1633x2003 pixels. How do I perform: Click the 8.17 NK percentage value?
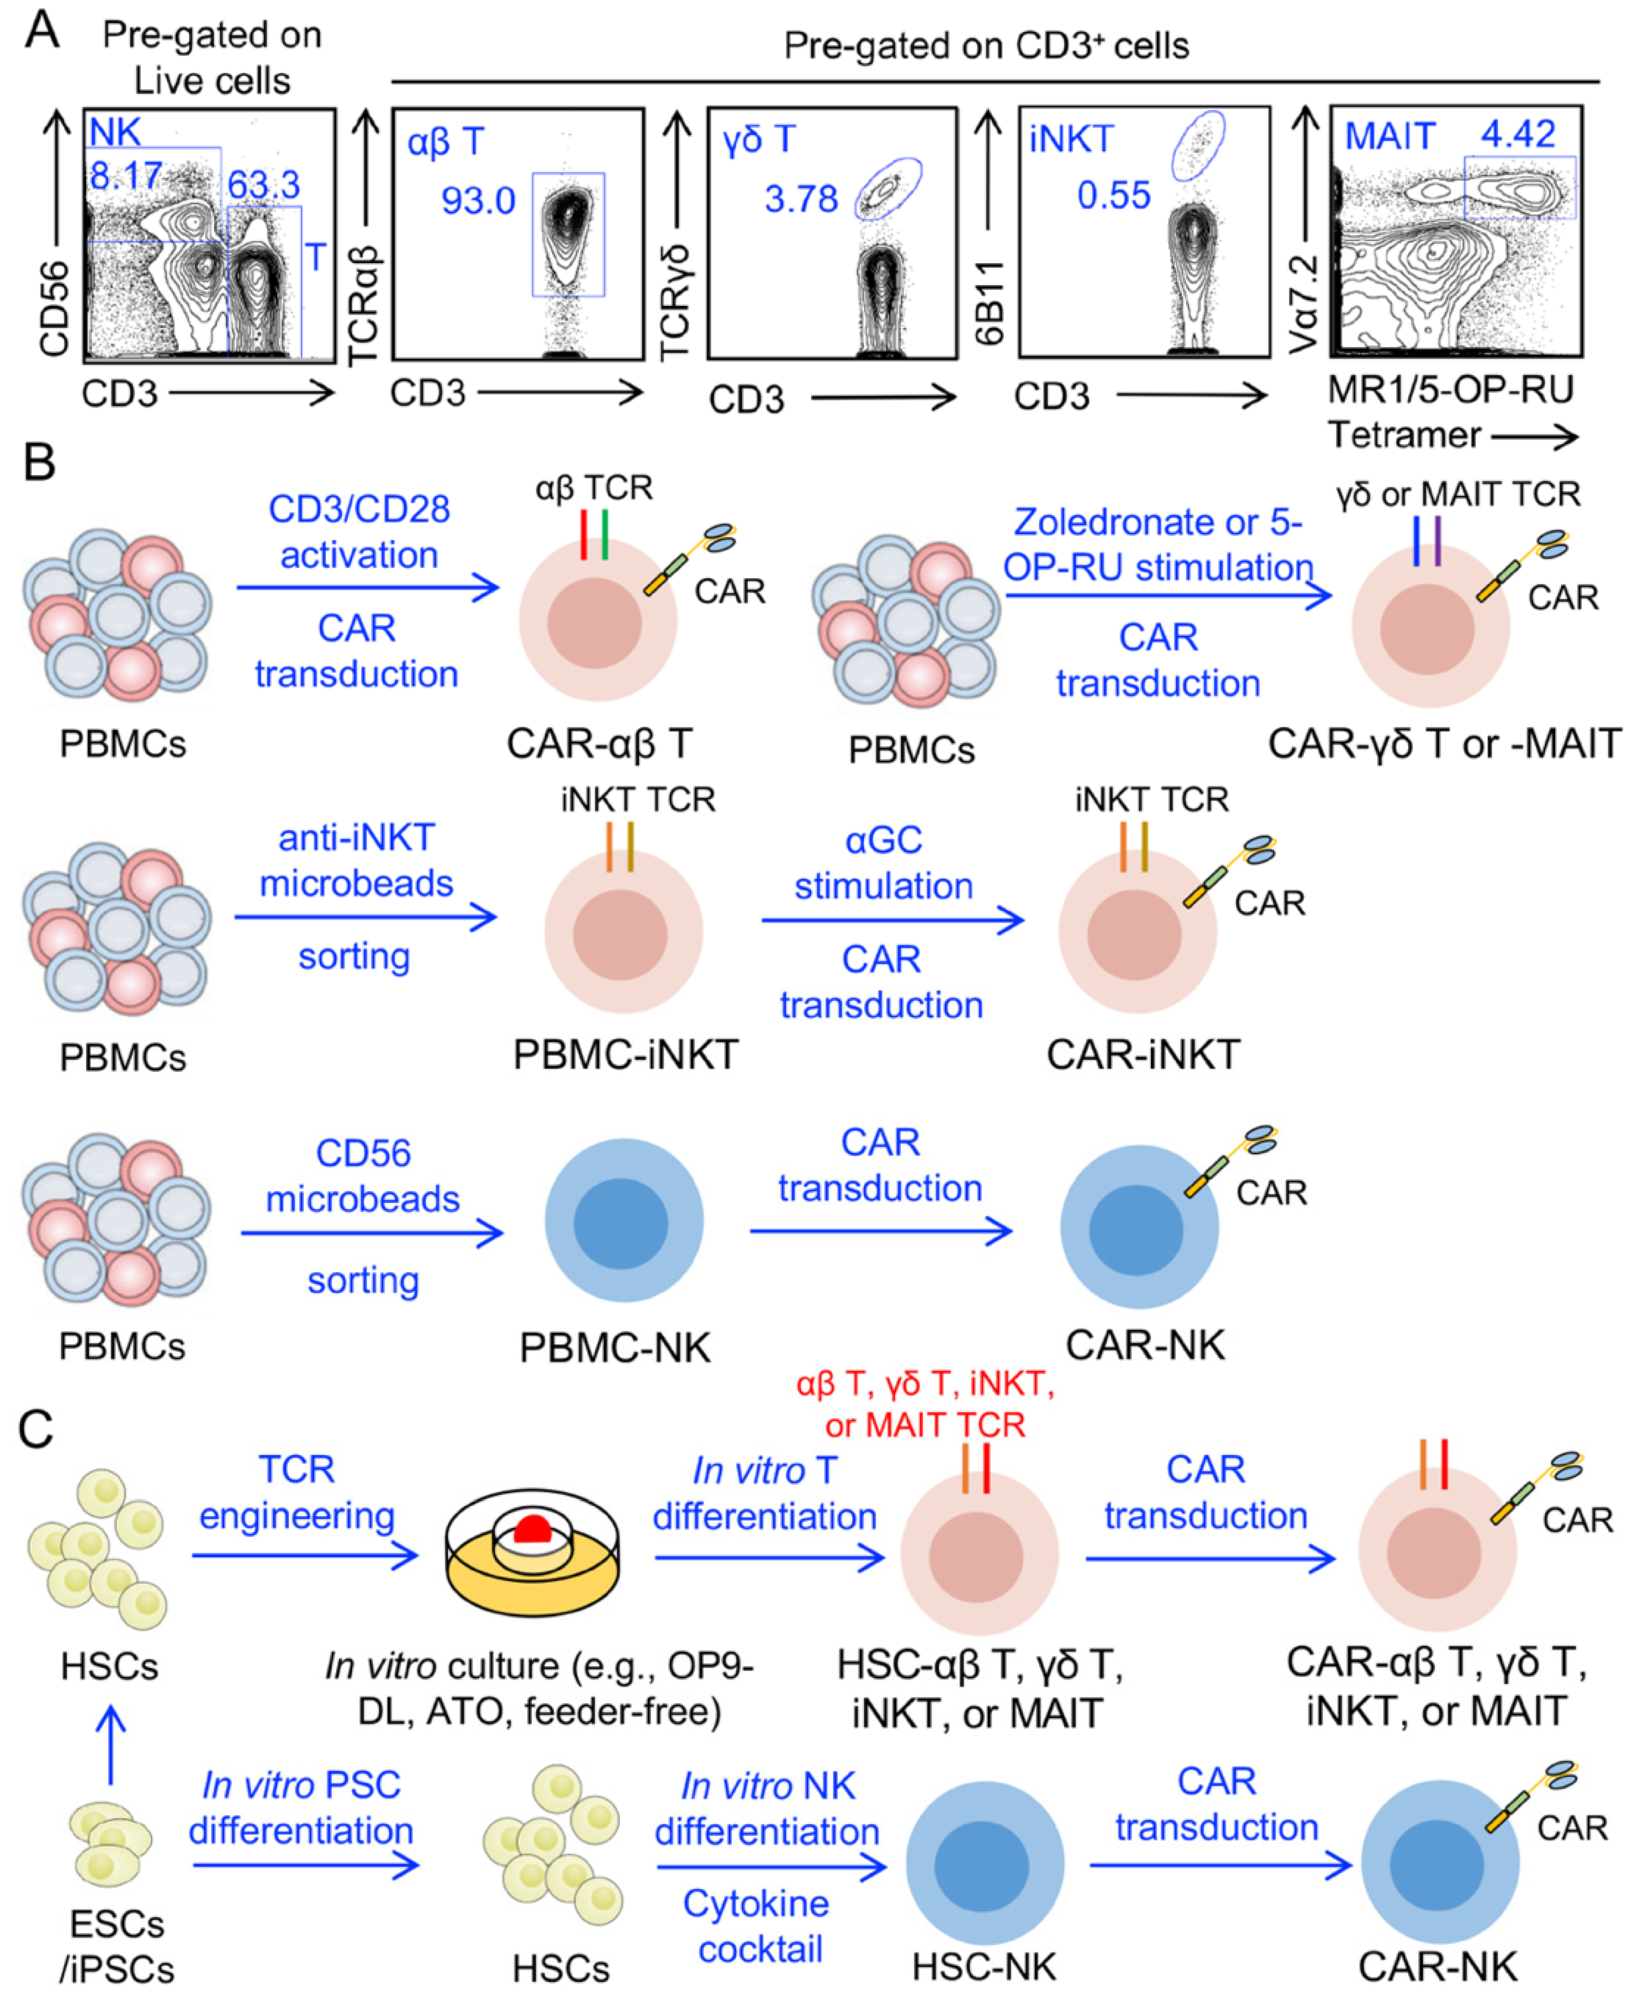125,176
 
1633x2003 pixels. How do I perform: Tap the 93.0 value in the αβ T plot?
478,201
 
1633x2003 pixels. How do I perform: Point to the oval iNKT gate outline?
1197,146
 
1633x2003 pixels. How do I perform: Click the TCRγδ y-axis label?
675,303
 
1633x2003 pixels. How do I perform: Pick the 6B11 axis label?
989,303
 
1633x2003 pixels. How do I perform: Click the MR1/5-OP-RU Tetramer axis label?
1450,412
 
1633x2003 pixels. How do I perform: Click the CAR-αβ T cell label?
599,743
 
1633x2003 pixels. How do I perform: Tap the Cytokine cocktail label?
757,1925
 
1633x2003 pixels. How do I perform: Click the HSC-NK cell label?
983,1966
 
